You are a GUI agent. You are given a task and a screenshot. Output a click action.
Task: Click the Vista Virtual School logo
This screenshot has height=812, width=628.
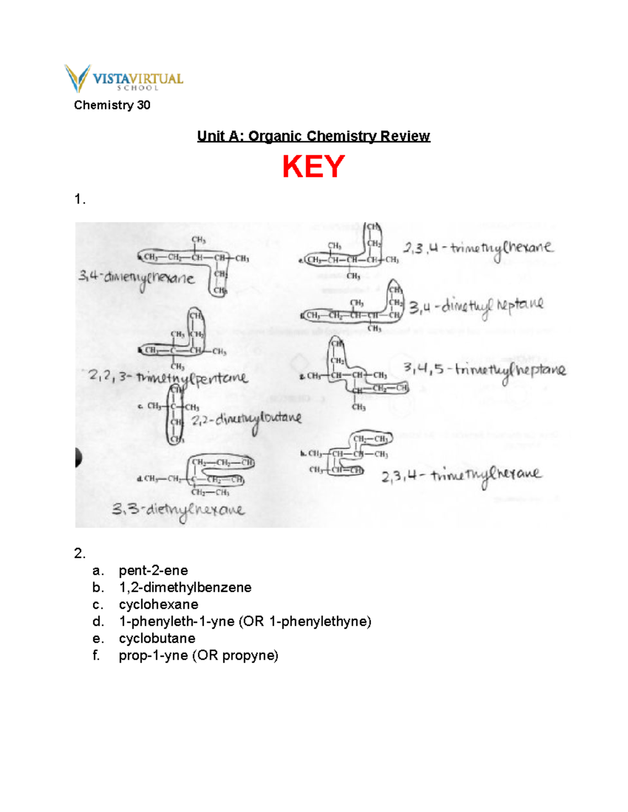[124, 78]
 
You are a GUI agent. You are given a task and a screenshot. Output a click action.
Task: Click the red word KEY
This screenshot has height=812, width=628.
[313, 167]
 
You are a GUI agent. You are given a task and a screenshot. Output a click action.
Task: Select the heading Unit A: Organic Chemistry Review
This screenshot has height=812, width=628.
[313, 136]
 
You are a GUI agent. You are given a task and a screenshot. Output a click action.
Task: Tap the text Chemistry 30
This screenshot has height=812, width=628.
[112, 105]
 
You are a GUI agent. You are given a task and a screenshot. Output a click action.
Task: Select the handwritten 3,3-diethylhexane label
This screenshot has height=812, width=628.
[178, 510]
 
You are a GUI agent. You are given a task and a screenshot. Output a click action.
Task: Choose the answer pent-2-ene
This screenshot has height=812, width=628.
[153, 570]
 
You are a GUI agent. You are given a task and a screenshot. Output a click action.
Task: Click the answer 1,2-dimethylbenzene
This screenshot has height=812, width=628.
[185, 588]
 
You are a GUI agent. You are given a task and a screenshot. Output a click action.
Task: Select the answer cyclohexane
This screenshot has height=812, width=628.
[159, 605]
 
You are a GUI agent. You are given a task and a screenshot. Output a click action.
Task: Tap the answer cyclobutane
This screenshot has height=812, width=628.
[157, 639]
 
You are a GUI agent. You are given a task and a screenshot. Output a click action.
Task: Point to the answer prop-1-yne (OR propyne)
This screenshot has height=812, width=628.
[198, 656]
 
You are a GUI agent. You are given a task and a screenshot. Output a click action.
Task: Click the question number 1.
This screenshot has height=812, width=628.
[79, 199]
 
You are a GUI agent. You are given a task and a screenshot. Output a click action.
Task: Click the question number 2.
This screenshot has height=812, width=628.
[79, 553]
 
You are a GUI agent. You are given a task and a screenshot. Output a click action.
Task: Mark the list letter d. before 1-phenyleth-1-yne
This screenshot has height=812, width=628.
[97, 622]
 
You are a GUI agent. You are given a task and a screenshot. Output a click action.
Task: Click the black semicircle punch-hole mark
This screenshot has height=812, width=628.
[78, 458]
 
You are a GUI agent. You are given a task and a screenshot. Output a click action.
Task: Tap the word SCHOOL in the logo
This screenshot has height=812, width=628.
[138, 88]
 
